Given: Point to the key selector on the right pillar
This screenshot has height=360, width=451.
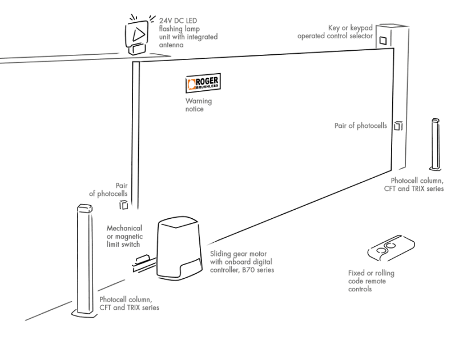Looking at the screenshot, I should [383, 40].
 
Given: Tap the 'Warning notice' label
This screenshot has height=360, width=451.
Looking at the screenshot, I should [198, 105].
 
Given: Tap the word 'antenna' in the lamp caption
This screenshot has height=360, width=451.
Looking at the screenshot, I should [172, 45].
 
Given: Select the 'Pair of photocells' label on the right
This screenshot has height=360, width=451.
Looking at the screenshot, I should [360, 125].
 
